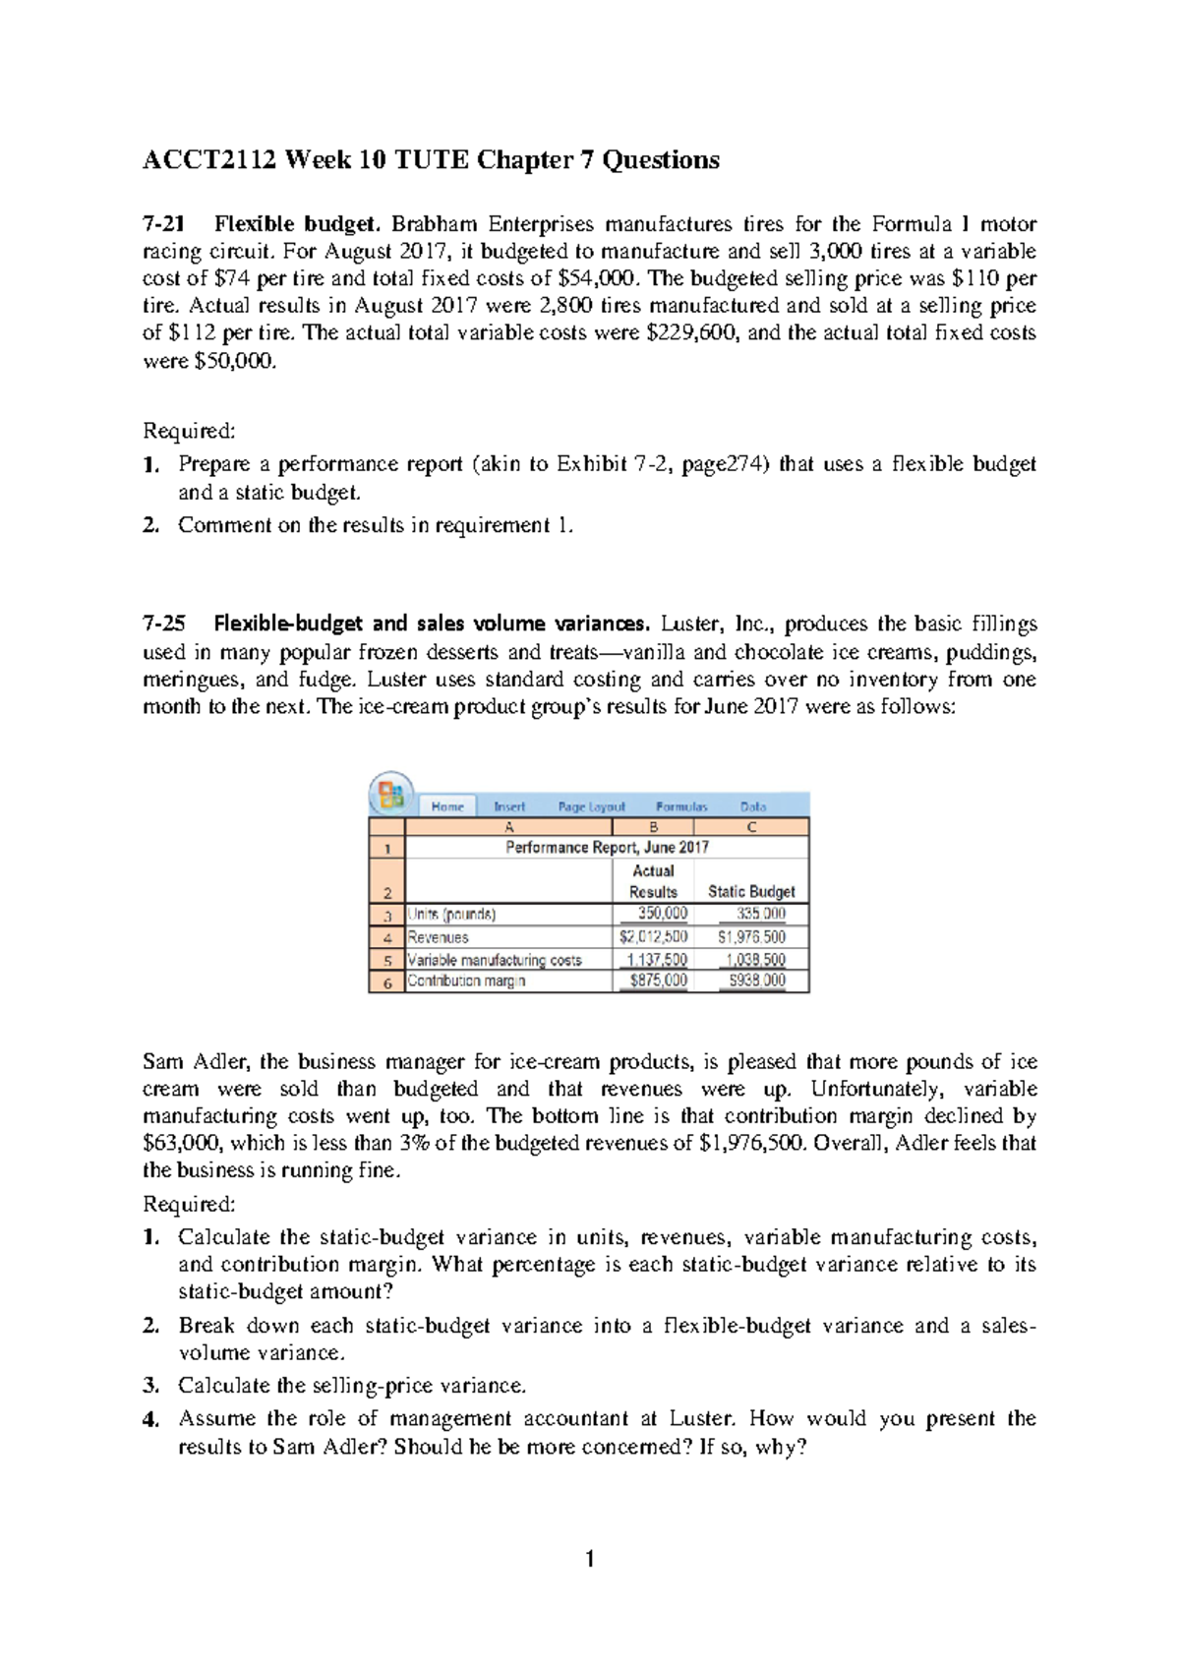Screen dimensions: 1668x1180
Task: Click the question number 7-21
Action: pos(162,224)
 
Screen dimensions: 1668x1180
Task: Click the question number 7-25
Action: pos(163,624)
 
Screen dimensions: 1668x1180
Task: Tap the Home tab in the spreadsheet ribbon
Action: pos(447,806)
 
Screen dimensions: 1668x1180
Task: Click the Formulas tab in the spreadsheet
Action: pos(681,806)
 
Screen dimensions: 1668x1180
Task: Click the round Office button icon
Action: pos(390,794)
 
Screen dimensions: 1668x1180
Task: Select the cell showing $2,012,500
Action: pos(653,937)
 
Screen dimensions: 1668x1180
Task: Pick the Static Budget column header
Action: pos(751,892)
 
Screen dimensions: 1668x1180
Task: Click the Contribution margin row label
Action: pos(467,982)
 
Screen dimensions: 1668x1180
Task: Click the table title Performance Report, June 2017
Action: pos(607,848)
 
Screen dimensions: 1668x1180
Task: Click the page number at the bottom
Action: pos(589,1559)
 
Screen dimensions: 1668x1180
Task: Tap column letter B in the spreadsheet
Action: pos(653,827)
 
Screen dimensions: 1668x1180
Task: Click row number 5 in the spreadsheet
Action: pos(387,961)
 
